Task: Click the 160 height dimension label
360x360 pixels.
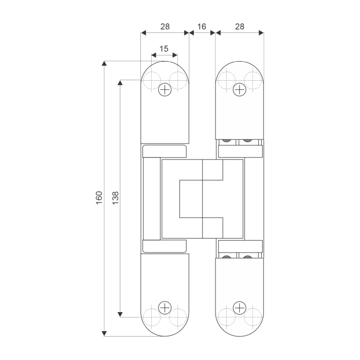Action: click(x=99, y=198)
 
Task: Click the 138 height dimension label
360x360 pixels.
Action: click(x=115, y=198)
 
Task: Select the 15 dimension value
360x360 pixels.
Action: click(x=164, y=49)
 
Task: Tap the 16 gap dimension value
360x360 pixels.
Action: click(x=202, y=26)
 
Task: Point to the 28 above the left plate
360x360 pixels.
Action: click(x=165, y=26)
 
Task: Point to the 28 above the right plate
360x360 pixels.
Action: click(x=240, y=26)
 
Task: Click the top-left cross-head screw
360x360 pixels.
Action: click(x=165, y=89)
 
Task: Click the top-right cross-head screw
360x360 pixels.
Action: click(x=240, y=89)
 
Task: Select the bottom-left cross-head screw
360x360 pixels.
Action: click(x=165, y=308)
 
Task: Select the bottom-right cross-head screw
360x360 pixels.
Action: click(x=240, y=308)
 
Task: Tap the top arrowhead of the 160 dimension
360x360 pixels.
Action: click(x=104, y=64)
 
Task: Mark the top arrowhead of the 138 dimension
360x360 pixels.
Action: click(x=121, y=82)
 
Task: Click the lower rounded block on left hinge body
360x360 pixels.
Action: click(x=165, y=246)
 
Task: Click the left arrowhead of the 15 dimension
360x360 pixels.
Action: click(x=154, y=56)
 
